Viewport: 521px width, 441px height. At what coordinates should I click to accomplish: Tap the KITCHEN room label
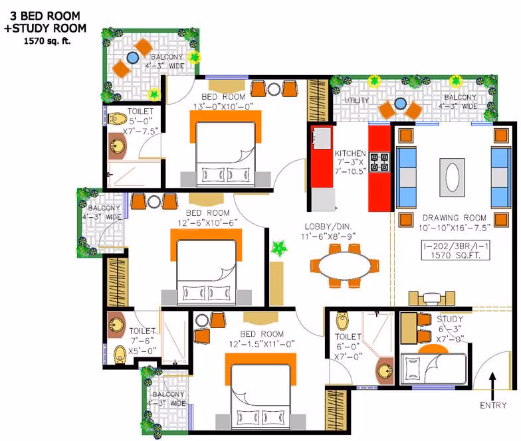pos(350,153)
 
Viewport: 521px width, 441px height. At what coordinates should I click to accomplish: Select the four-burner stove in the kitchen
pos(379,162)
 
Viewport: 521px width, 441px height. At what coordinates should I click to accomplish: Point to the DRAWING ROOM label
pos(455,218)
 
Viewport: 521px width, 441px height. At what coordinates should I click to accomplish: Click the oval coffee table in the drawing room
pos(452,177)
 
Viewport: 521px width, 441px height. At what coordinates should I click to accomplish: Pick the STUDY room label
pos(449,319)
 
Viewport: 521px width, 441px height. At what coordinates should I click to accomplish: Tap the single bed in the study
pos(433,368)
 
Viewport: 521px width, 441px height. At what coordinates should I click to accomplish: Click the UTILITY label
pos(356,100)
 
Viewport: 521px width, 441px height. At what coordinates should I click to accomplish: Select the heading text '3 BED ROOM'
pos(45,16)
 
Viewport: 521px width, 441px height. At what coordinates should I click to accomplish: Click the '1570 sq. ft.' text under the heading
pos(47,41)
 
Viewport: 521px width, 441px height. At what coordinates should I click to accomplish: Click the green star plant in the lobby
pos(279,248)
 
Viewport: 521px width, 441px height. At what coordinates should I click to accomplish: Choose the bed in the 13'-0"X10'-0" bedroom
pos(226,149)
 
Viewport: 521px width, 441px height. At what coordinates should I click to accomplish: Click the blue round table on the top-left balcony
pos(133,58)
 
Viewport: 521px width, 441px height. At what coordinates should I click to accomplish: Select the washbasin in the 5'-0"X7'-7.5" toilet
pos(117,146)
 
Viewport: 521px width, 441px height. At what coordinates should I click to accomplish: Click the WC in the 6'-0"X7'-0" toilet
pos(342,320)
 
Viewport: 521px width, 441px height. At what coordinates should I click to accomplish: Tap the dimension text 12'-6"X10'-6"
pos(207,222)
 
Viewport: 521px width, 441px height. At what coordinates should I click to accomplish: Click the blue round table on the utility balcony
pos(400,104)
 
